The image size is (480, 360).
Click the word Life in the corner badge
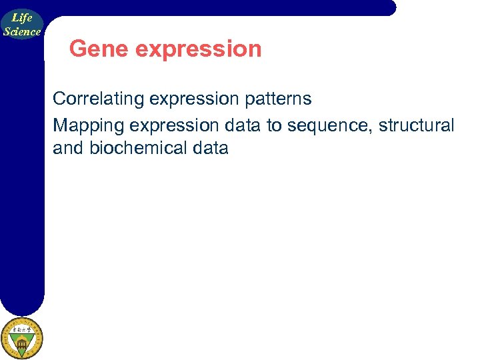(x=22, y=19)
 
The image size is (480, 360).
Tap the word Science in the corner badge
(x=22, y=31)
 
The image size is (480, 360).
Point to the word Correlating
(x=99, y=99)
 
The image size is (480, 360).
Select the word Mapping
(x=85, y=125)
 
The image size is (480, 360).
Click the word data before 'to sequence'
(x=245, y=125)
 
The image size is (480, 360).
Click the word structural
(x=417, y=125)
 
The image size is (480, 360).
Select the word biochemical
(x=138, y=148)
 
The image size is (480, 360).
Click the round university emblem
(x=21, y=338)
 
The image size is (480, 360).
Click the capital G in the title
(x=78, y=49)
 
